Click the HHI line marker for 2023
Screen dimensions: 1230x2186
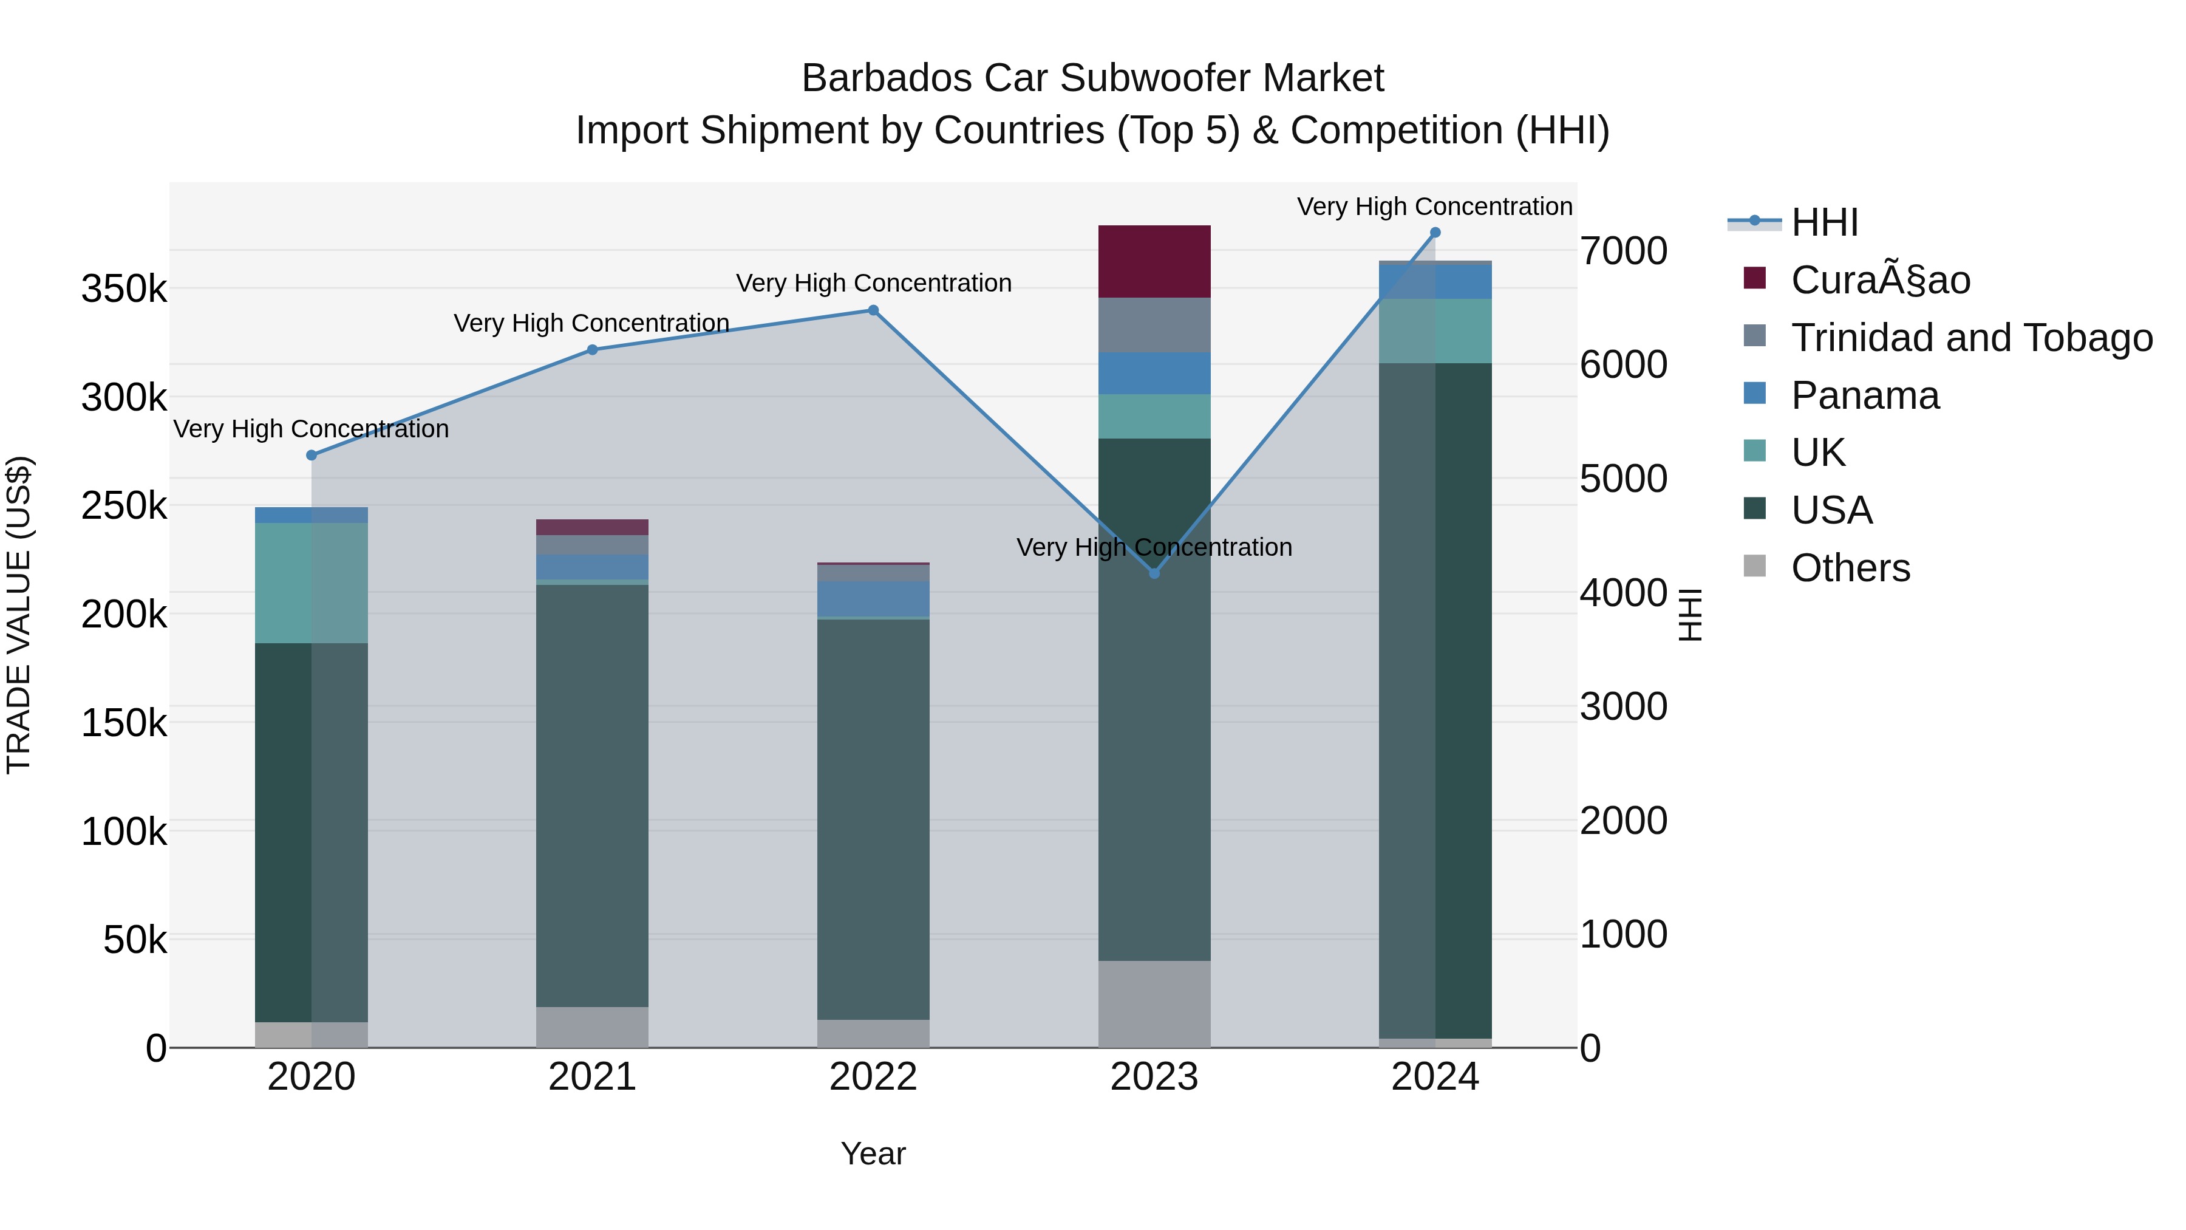pos(1154,574)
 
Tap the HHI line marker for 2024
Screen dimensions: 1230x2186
pos(1435,233)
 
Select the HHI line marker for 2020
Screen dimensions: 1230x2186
pos(312,456)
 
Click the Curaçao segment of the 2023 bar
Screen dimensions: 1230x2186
pos(1154,261)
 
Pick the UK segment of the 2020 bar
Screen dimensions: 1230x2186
pos(312,583)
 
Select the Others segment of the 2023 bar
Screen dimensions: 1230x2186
pos(1154,1004)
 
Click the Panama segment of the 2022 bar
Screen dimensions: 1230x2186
pos(873,598)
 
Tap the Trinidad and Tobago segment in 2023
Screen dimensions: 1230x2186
pos(1154,325)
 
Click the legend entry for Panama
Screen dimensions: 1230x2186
pos(1864,395)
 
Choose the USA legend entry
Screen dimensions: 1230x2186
pos(1831,510)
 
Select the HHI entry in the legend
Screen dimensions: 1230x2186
pos(1825,222)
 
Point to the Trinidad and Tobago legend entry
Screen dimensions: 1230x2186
pos(1970,338)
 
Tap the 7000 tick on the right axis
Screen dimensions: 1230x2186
pos(1623,251)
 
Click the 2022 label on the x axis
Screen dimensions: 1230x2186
pos(873,1077)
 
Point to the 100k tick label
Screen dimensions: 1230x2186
pos(124,832)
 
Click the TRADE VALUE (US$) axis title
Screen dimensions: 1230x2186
pos(19,615)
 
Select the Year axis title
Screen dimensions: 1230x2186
pos(873,1153)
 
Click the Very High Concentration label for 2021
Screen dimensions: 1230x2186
pos(591,323)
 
